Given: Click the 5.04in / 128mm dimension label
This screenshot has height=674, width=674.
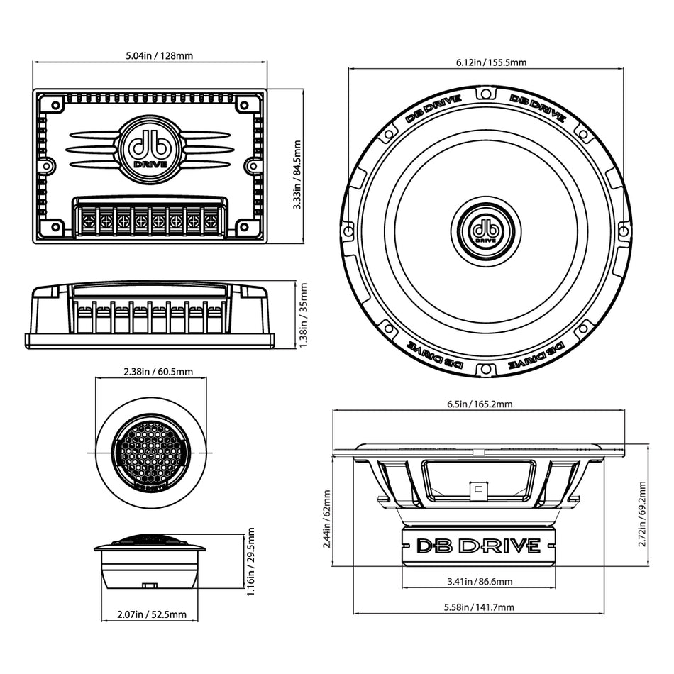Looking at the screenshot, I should [x=150, y=55].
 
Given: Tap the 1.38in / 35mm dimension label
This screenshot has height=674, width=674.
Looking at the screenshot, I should [x=303, y=315].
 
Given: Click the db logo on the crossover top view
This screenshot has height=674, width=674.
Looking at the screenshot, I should [x=150, y=149].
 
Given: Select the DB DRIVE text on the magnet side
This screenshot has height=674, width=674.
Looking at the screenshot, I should [x=477, y=546].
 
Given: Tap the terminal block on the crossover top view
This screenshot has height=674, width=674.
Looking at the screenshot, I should [x=150, y=219].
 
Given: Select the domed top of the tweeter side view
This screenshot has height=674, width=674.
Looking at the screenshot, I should [x=150, y=539].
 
